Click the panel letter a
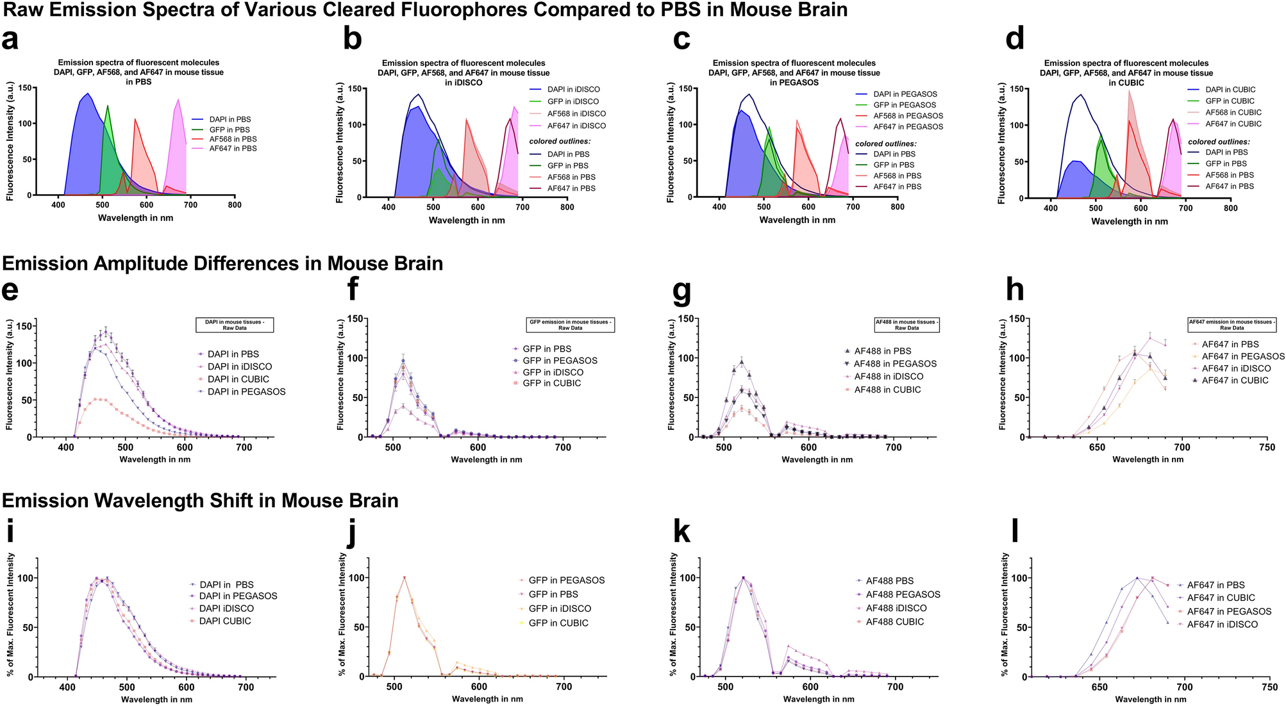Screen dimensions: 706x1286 click(10, 40)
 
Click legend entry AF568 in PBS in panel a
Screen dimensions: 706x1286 click(233, 139)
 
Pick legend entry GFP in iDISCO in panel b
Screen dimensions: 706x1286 click(572, 101)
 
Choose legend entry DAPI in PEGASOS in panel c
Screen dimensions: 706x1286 click(905, 94)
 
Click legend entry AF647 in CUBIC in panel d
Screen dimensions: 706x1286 click(1233, 124)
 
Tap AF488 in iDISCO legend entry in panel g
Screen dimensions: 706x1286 click(889, 377)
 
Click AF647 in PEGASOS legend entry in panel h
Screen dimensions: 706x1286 click(1242, 356)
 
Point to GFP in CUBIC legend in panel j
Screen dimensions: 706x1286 click(558, 623)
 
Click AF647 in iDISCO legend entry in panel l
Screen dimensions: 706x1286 click(1222, 624)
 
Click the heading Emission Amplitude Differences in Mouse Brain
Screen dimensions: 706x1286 click(222, 263)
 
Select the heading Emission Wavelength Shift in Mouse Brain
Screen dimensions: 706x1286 click(200, 500)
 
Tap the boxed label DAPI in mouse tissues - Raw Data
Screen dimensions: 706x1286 click(234, 325)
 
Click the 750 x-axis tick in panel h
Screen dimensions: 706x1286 click(1267, 448)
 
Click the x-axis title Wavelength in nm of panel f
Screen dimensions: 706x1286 click(486, 459)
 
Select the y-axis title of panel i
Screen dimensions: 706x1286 click(11, 615)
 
